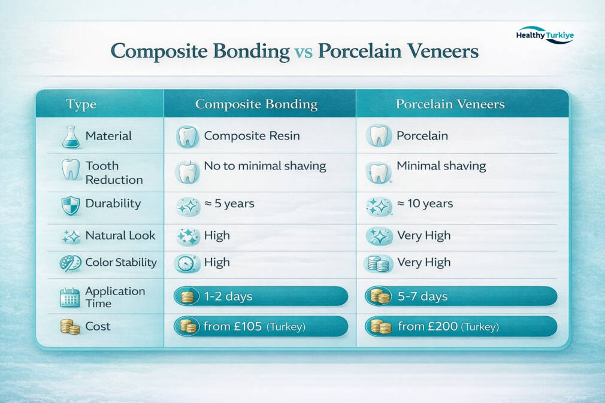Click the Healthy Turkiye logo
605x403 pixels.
pos(545,35)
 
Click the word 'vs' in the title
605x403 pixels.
pos(304,51)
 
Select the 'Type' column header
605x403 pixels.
pos(81,104)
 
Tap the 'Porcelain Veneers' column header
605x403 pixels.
pos(450,104)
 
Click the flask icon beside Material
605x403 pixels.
pos(71,137)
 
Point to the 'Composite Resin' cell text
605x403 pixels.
pos(252,136)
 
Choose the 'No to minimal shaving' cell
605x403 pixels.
pos(265,166)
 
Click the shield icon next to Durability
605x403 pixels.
pos(71,205)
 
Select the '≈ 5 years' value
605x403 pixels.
pos(229,203)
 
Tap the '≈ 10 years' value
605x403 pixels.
pos(425,203)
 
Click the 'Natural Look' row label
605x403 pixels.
pos(120,235)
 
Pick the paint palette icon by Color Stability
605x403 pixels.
pos(70,263)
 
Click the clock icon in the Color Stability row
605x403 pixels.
pos(186,263)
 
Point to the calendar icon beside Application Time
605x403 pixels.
pos(70,298)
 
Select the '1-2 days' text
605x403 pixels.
pos(228,296)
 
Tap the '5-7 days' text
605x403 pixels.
pos(423,296)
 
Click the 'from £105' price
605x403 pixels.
pos(232,326)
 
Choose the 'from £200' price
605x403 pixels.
pos(428,326)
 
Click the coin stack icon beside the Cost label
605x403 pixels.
pos(70,326)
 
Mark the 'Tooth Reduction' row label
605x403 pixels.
pos(114,173)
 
